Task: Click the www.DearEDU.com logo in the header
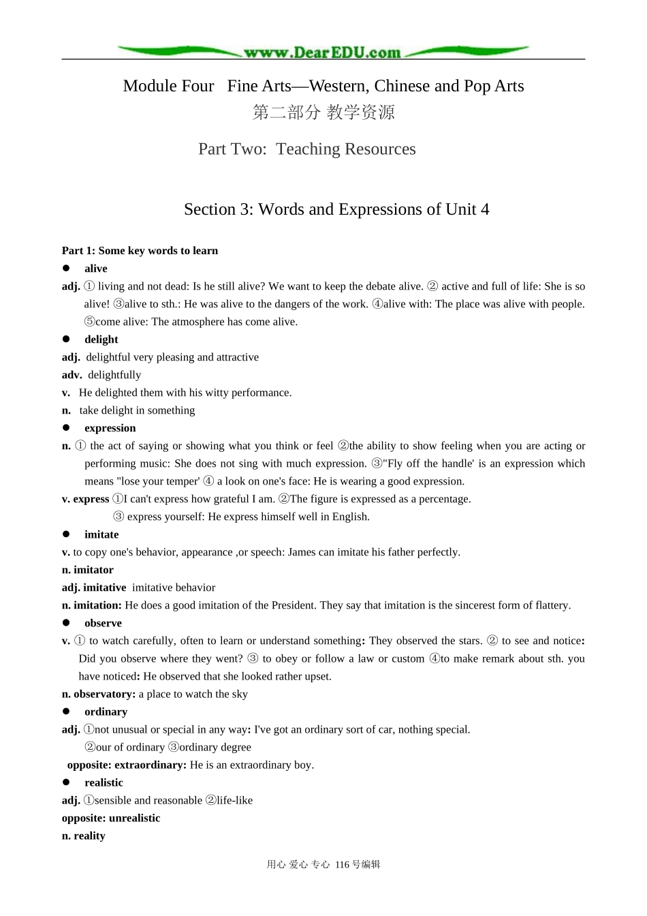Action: (x=323, y=52)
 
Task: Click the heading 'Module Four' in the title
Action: (x=168, y=86)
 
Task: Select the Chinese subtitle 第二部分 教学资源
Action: (x=323, y=112)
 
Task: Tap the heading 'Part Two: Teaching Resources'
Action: (x=307, y=149)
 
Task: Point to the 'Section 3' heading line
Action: (x=336, y=209)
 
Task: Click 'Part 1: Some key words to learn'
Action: (x=140, y=251)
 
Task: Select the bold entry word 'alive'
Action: (x=96, y=269)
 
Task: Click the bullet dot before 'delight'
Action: (x=67, y=339)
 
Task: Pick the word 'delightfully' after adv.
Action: (x=114, y=375)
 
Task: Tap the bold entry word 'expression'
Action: (x=110, y=428)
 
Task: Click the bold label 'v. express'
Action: (x=86, y=499)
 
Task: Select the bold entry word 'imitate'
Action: (x=101, y=534)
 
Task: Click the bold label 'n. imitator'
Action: (x=88, y=570)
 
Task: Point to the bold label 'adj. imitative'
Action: (x=94, y=587)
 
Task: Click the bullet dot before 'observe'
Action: (x=67, y=622)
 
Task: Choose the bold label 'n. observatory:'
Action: (x=99, y=694)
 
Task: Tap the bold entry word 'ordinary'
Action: (x=106, y=712)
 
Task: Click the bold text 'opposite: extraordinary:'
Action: (x=127, y=765)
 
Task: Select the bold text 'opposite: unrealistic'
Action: (x=111, y=818)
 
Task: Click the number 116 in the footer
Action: (x=342, y=864)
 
